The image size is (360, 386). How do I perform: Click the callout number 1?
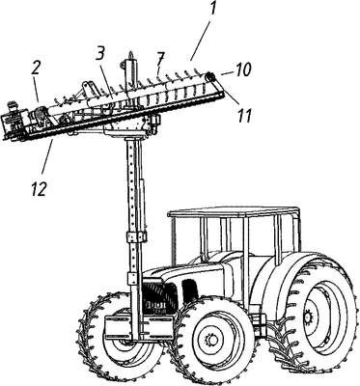pyautogui.click(x=211, y=10)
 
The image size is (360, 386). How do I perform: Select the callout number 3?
pyautogui.click(x=99, y=56)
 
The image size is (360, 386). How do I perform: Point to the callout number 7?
pyautogui.click(x=161, y=59)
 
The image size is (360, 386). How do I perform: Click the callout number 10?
pyautogui.click(x=242, y=70)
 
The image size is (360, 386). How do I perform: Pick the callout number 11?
pyautogui.click(x=244, y=115)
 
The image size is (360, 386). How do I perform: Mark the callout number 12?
pyautogui.click(x=40, y=189)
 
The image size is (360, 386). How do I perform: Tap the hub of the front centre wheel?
pyautogui.click(x=211, y=340)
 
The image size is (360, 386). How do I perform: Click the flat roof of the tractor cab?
pyautogui.click(x=234, y=212)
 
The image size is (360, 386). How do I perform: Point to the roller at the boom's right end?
pyautogui.click(x=211, y=77)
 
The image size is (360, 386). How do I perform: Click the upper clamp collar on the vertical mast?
pyautogui.click(x=136, y=236)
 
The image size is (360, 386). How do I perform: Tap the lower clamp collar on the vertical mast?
pyautogui.click(x=135, y=278)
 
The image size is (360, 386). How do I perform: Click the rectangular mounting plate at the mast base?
pyautogui.click(x=139, y=327)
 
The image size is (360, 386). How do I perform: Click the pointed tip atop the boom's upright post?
pyautogui.click(x=131, y=53)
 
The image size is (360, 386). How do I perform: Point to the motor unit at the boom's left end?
pyautogui.click(x=14, y=121)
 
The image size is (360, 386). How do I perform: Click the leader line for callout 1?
pyautogui.click(x=200, y=41)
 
